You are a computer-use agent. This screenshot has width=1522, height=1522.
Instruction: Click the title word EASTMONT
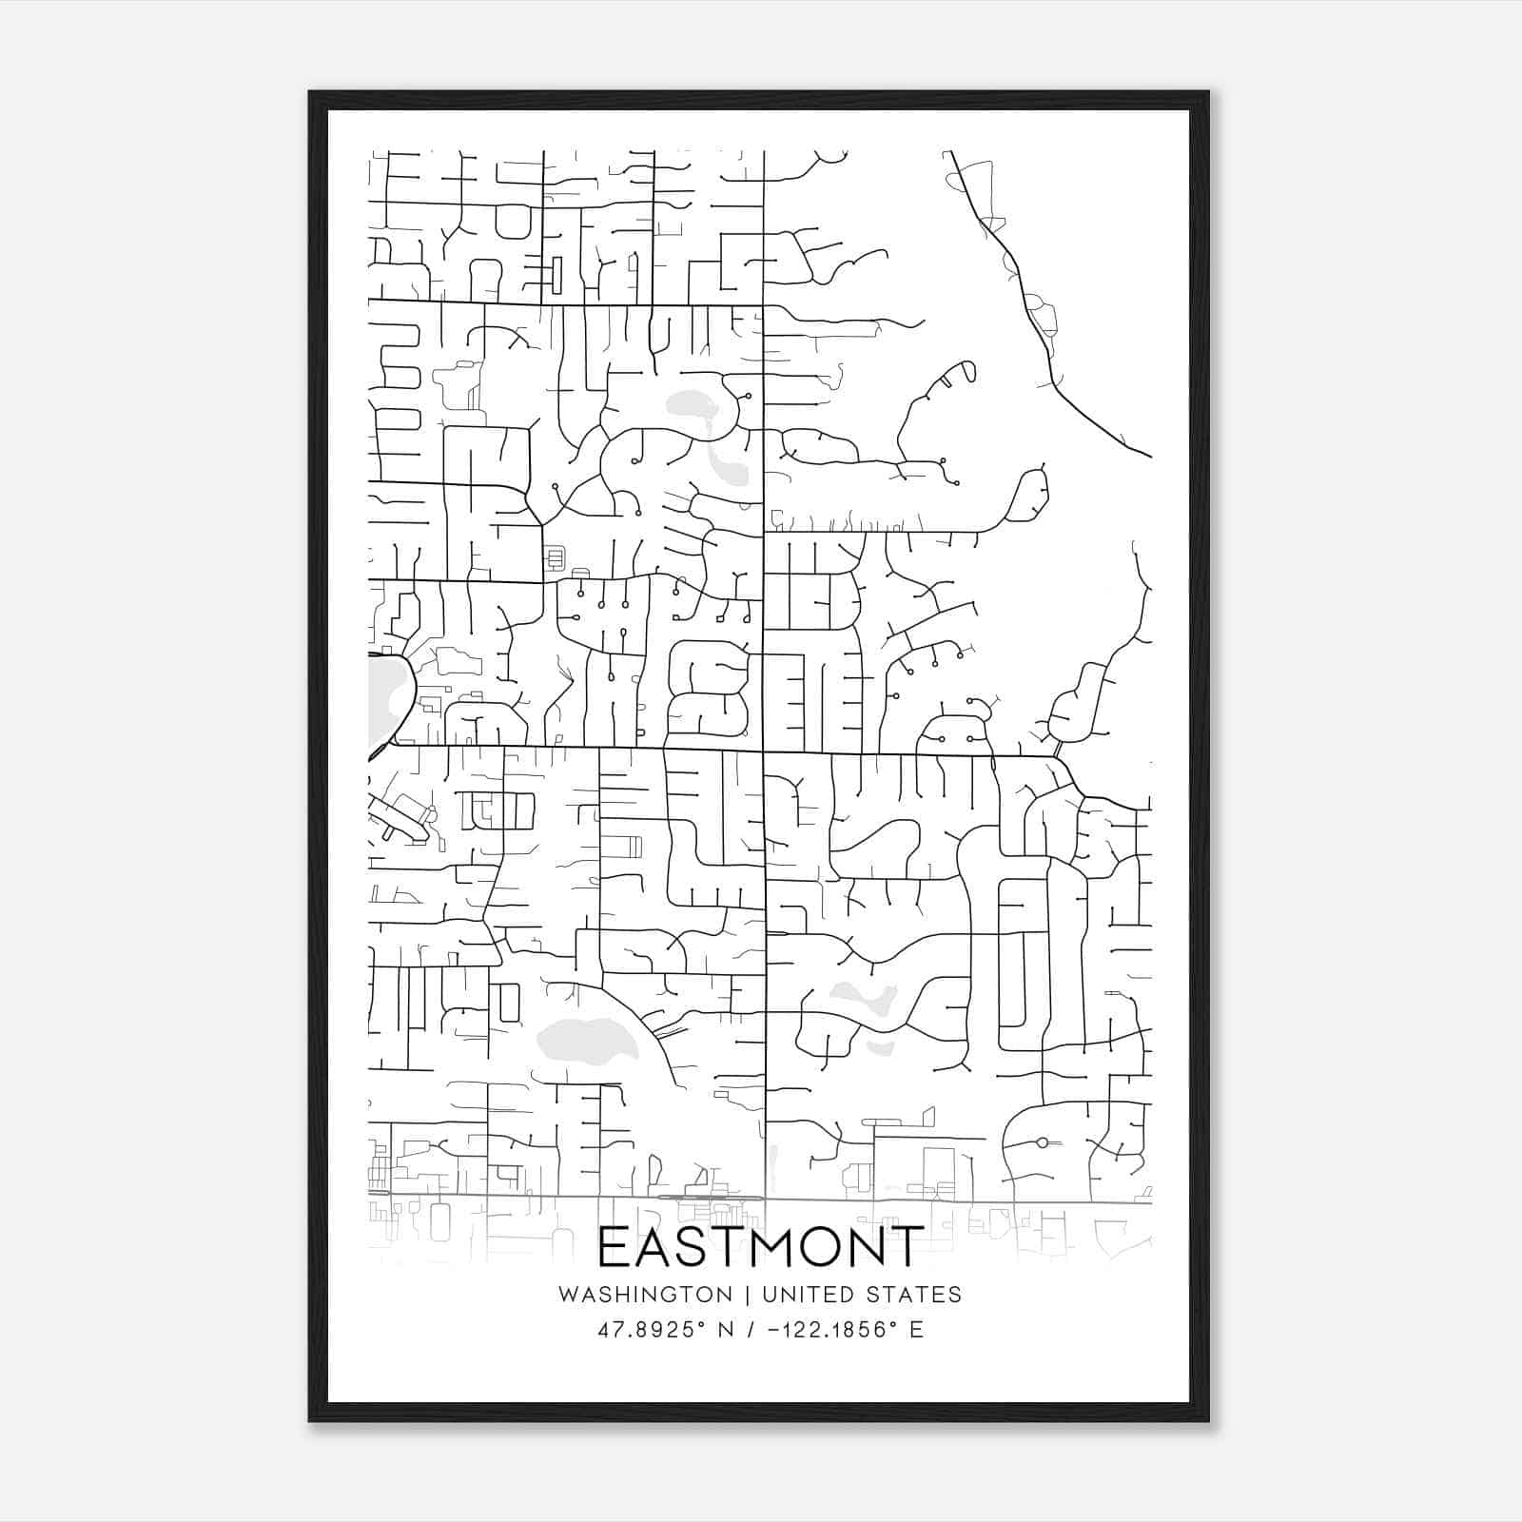coord(760,1247)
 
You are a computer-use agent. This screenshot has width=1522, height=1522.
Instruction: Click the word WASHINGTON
coord(646,1295)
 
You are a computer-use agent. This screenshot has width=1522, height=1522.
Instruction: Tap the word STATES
coord(915,1295)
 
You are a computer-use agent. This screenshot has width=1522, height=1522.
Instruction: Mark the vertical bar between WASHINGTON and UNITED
coord(748,1295)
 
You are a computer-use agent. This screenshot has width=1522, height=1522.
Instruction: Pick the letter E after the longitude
coord(917,1329)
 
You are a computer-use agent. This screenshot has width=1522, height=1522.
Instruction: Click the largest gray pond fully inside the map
coord(583,1037)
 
